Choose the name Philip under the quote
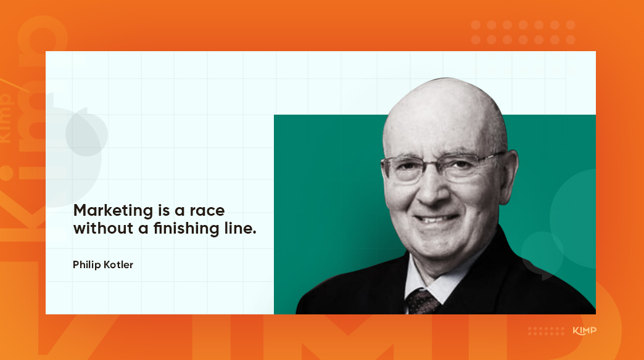[86, 264]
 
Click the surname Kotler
[118, 264]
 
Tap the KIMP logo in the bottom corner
[584, 331]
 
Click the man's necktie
[423, 301]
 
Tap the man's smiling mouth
[437, 217]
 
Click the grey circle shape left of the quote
[87, 132]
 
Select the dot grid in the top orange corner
[523, 32]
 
